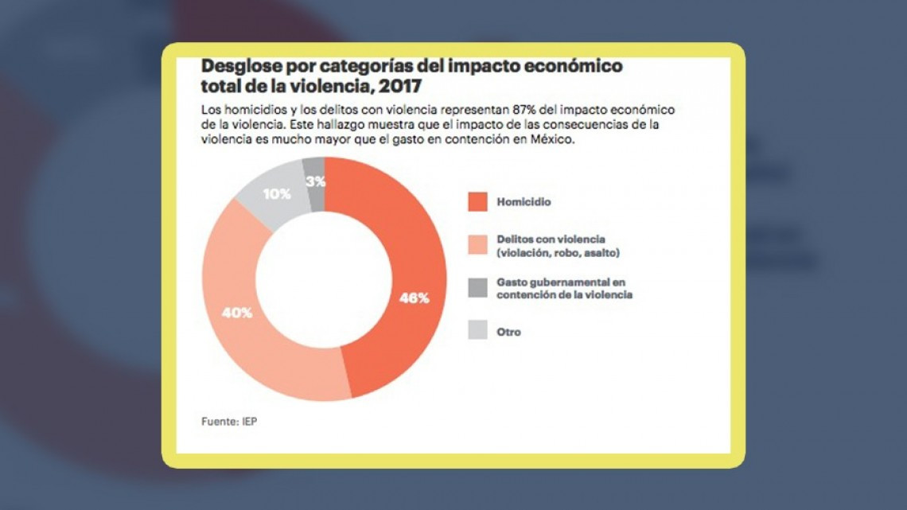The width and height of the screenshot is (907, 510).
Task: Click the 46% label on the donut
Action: [414, 298]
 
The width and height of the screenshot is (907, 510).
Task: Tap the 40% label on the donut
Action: [237, 313]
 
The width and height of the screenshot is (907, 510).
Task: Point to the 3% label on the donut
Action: [315, 181]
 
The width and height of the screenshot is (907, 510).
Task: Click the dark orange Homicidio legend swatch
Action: [477, 202]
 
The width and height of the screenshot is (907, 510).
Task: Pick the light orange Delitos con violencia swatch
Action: [477, 245]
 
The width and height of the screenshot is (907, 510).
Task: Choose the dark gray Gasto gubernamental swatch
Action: [477, 288]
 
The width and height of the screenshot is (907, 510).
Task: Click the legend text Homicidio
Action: [524, 202]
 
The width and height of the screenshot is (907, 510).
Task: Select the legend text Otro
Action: [509, 332]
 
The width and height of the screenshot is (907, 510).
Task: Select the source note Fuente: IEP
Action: [229, 422]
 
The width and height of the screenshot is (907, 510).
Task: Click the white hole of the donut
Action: [324, 278]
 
